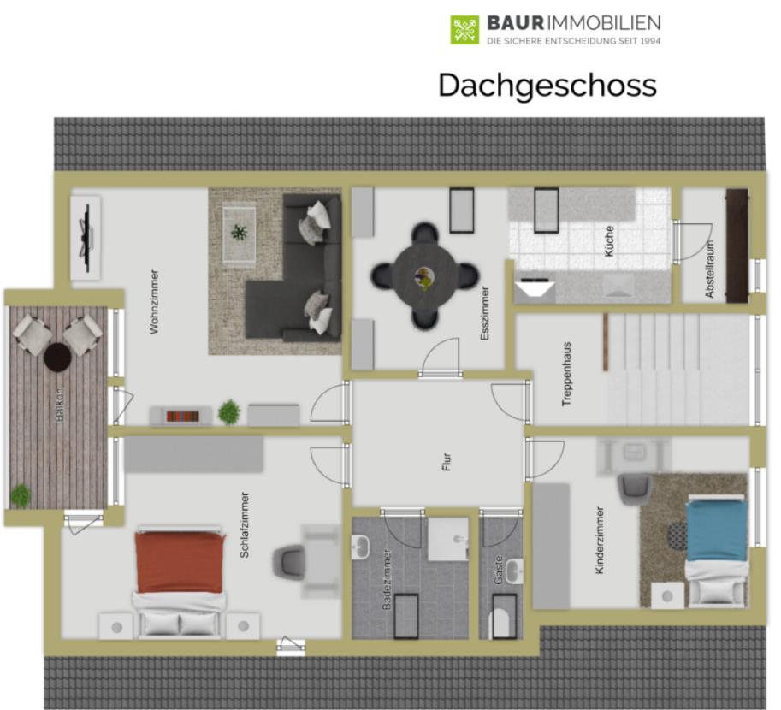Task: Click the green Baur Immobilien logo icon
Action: tap(464, 30)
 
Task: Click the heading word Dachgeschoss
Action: tap(547, 86)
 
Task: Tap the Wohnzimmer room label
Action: tap(155, 302)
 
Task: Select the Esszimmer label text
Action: tap(485, 313)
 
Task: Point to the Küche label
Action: tap(609, 241)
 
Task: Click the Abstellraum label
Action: tap(710, 269)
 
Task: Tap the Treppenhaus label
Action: tap(566, 374)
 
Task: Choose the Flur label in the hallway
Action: tap(447, 461)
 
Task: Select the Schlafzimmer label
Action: tap(244, 524)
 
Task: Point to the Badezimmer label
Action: tap(387, 579)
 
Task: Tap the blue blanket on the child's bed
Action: tap(717, 530)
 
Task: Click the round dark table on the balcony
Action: tap(57, 357)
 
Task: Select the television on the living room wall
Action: tap(86, 238)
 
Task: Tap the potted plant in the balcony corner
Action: tap(20, 495)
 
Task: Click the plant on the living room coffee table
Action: tap(239, 232)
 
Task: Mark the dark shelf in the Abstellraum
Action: tap(737, 246)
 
